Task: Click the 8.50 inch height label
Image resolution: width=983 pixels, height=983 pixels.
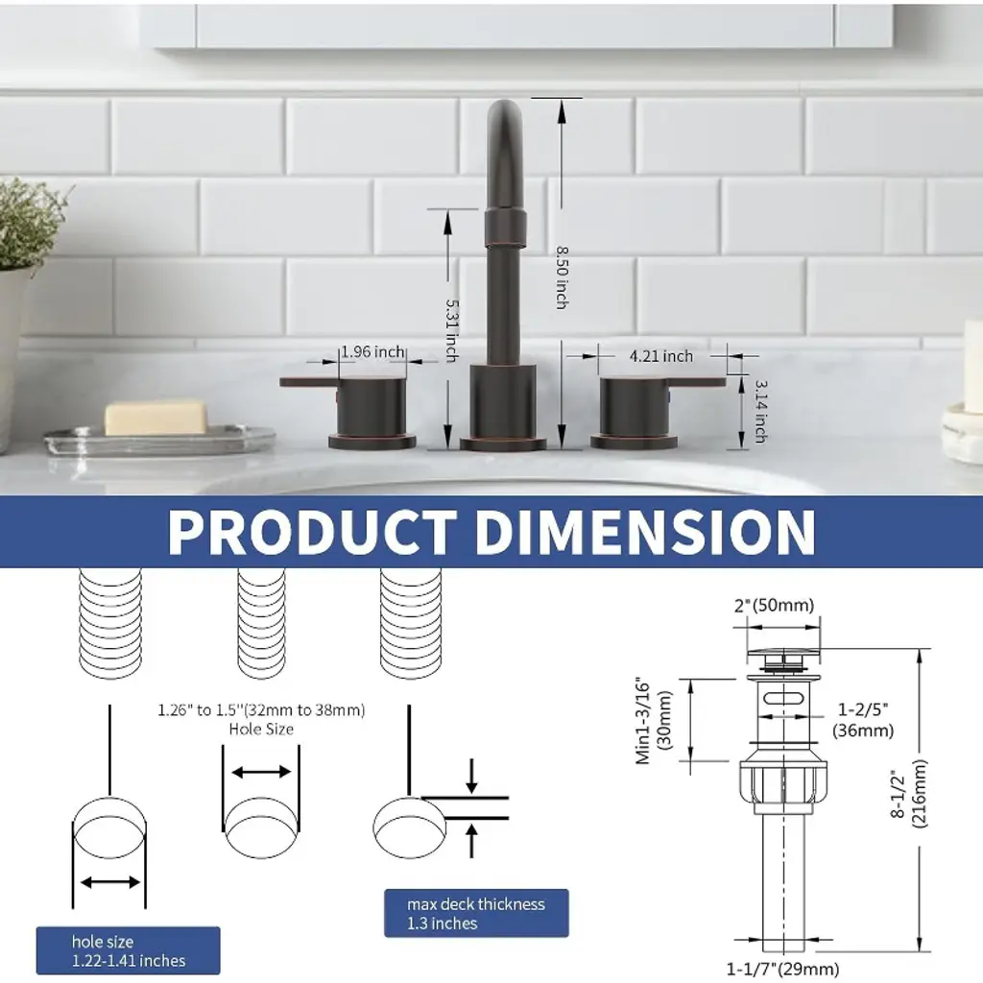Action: click(562, 277)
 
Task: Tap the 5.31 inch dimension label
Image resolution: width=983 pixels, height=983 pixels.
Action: click(451, 330)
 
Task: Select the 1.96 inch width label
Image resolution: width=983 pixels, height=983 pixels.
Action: click(372, 351)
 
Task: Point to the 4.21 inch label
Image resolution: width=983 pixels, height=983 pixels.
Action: click(661, 356)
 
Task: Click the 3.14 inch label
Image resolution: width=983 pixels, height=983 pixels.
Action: click(760, 411)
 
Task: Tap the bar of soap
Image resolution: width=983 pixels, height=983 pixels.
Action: click(156, 418)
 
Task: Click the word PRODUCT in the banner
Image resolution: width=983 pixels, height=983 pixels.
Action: click(312, 532)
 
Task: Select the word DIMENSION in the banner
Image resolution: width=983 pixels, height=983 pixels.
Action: click(645, 532)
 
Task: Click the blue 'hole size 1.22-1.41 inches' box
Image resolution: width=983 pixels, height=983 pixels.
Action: click(128, 950)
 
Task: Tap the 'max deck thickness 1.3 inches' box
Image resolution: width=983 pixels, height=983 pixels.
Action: click(476, 913)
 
